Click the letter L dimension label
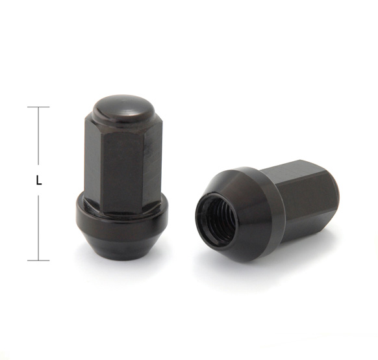[x=38, y=180]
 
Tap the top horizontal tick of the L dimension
[x=38, y=107]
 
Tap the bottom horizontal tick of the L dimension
[x=38, y=261]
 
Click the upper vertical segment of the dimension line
[x=38, y=136]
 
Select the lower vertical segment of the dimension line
[x=38, y=228]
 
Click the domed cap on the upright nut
[x=123, y=110]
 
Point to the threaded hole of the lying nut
[x=216, y=220]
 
